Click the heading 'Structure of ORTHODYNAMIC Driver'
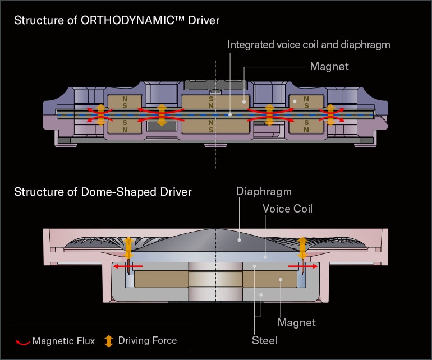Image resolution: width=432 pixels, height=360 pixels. pyautogui.click(x=116, y=21)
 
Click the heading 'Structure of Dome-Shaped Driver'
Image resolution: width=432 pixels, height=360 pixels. pyautogui.click(x=103, y=192)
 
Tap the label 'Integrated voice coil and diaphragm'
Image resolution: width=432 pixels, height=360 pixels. pyautogui.click(x=309, y=44)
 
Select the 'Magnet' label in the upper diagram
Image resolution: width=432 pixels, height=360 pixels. pyautogui.click(x=329, y=67)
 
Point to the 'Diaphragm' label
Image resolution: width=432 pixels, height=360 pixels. pyautogui.click(x=264, y=192)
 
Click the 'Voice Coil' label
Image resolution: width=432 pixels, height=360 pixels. pyautogui.click(x=288, y=209)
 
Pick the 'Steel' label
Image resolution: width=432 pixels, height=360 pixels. pyautogui.click(x=264, y=340)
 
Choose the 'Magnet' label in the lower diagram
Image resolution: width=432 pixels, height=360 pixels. pyautogui.click(x=297, y=322)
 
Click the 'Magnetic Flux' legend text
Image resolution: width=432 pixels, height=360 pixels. pyautogui.click(x=63, y=341)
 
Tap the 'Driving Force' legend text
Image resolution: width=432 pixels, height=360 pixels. pyautogui.click(x=147, y=340)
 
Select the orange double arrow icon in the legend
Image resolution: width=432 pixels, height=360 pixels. pyautogui.click(x=109, y=341)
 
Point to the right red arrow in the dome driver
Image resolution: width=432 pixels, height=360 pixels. pyautogui.click(x=300, y=267)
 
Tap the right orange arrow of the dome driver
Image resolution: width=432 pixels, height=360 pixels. pyautogui.click(x=302, y=246)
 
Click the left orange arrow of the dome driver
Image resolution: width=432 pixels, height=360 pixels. pyautogui.click(x=128, y=247)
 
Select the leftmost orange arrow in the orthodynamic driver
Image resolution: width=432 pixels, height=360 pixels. pyautogui.click(x=100, y=114)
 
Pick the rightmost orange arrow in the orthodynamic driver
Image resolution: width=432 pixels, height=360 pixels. pyautogui.click(x=330, y=114)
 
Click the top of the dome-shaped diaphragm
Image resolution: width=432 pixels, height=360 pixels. pyautogui.click(x=217, y=230)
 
